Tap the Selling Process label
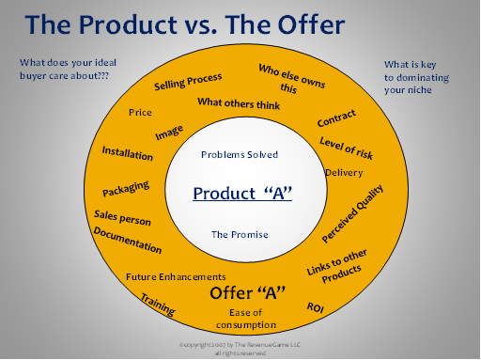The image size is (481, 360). pyautogui.click(x=188, y=82)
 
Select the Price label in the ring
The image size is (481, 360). pyautogui.click(x=140, y=112)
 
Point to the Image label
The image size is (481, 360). pyautogui.click(x=169, y=133)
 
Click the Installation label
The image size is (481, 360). pyautogui.click(x=128, y=153)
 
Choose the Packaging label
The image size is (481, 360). pyautogui.click(x=126, y=189)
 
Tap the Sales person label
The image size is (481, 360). pyautogui.click(x=122, y=218)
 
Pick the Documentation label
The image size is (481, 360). pyautogui.click(x=128, y=240)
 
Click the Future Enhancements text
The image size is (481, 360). pyautogui.click(x=176, y=277)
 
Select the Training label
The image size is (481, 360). pyautogui.click(x=158, y=305)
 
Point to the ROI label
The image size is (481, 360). pyautogui.click(x=315, y=307)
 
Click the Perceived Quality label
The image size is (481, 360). pyautogui.click(x=352, y=213)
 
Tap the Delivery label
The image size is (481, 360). pyautogui.click(x=344, y=173)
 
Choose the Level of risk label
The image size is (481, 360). pyautogui.click(x=347, y=149)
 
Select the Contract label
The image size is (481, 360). pyautogui.click(x=336, y=118)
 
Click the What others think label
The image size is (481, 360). pyautogui.click(x=239, y=103)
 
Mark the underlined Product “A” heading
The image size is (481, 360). pyautogui.click(x=242, y=194)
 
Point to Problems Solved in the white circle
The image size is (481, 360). pyautogui.click(x=240, y=154)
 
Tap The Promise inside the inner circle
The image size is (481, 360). pyautogui.click(x=240, y=234)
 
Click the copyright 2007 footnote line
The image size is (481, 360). pyautogui.click(x=240, y=345)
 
